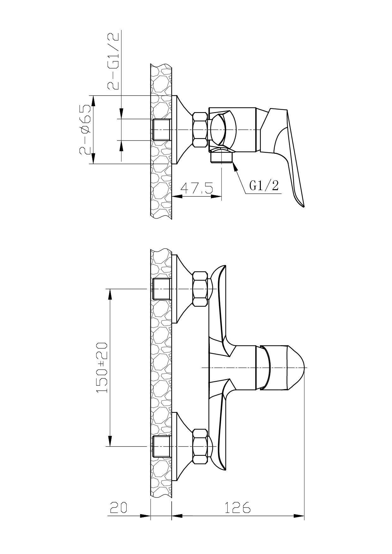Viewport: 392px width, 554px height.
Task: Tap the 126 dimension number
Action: point(237,508)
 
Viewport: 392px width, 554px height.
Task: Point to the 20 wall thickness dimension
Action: point(119,508)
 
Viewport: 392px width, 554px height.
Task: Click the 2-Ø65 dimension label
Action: point(85,129)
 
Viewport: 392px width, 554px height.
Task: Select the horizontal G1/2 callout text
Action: point(264,186)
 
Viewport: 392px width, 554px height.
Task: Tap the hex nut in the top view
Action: point(200,129)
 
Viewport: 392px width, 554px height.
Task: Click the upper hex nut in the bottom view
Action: point(200,289)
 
